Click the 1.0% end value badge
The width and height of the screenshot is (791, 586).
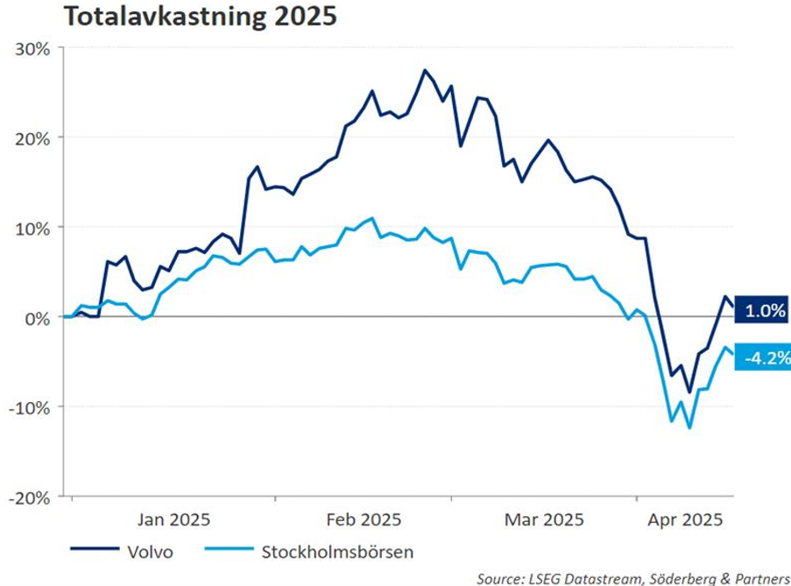[764, 310]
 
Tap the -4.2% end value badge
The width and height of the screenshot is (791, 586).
[764, 357]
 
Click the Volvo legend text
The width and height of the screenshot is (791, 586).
[151, 552]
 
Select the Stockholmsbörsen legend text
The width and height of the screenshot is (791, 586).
[337, 552]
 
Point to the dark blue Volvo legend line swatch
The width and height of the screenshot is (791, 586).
[94, 552]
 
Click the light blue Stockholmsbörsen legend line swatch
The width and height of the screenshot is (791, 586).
[229, 552]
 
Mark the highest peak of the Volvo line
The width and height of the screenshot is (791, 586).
[425, 70]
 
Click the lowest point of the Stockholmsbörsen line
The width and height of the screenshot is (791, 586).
[689, 427]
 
